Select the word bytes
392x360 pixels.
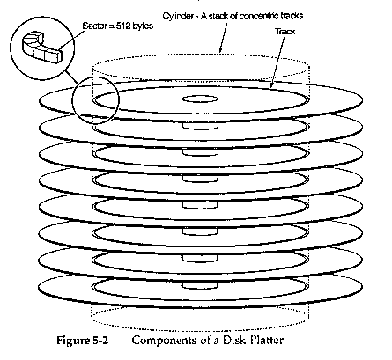[x=143, y=26]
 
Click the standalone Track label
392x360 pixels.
[x=285, y=32]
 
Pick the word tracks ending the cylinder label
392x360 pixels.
[x=292, y=16]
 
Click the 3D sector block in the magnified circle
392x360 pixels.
[x=42, y=50]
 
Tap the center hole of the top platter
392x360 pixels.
[x=200, y=99]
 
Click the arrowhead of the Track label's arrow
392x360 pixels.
[x=272, y=85]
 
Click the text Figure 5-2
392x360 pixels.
[x=83, y=341]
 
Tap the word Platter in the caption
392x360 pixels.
[x=267, y=340]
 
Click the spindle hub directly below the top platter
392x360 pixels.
[x=200, y=126]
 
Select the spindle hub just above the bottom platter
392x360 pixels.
[x=200, y=285]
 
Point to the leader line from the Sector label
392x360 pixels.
[x=71, y=40]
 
